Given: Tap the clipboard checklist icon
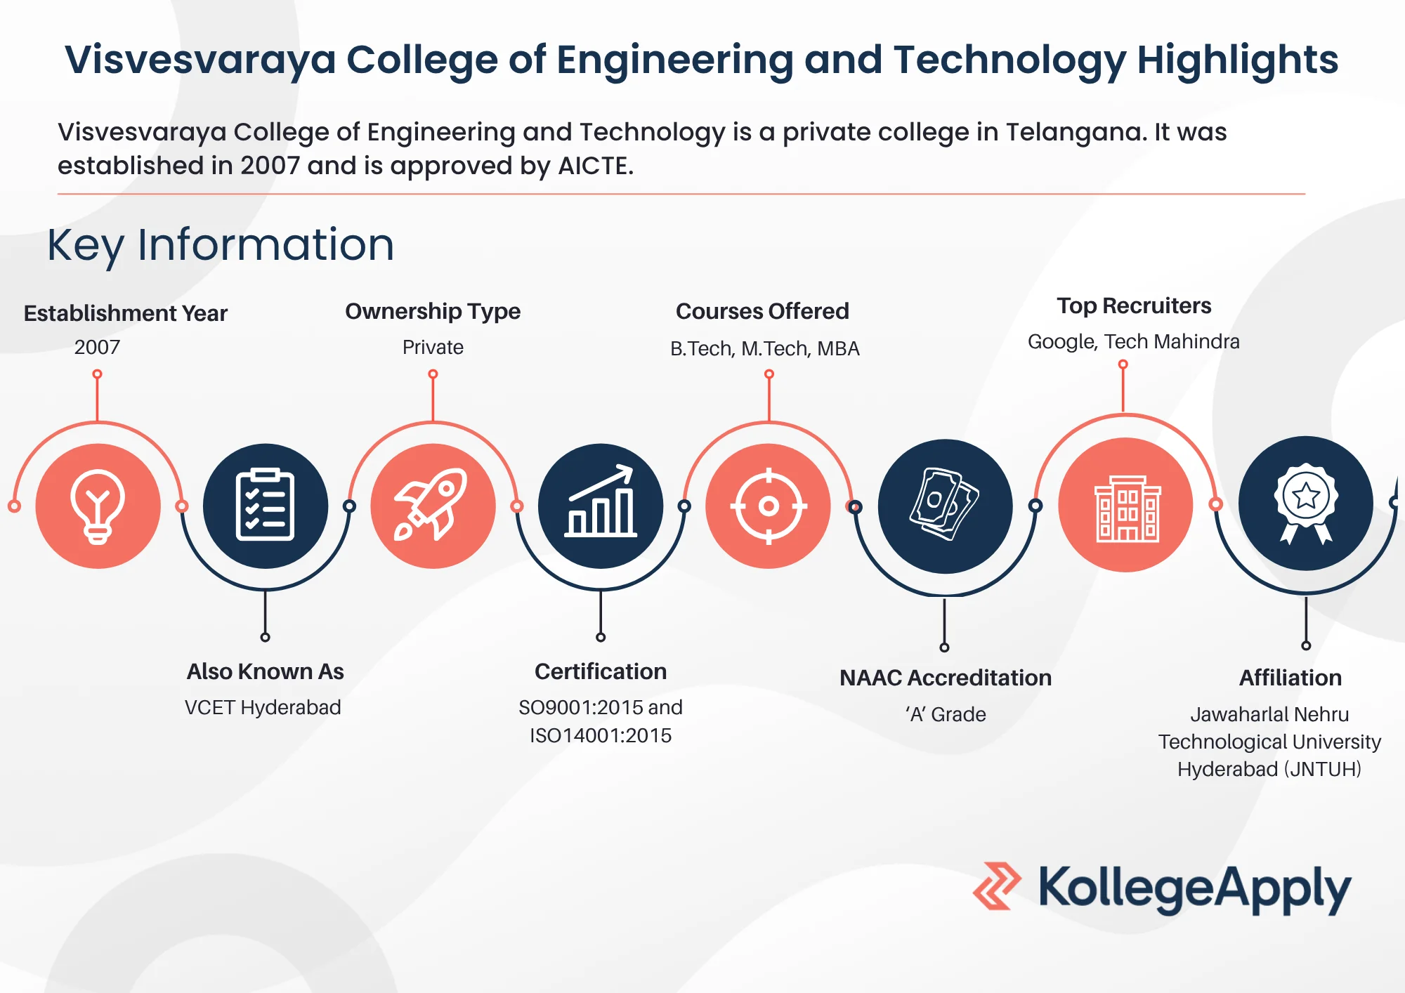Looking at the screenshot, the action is point(265,505).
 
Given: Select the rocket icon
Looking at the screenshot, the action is point(432,504).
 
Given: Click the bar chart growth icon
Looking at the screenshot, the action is point(601,501).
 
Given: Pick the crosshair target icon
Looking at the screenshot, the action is point(769,506).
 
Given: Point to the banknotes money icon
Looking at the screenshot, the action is point(944,504).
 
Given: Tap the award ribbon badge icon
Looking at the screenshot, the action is point(1306,503).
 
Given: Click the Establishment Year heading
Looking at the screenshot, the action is point(126,313).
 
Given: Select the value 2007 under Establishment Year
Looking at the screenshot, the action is point(97,347).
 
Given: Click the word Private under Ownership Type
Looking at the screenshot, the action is point(433,347).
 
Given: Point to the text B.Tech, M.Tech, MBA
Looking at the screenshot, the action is point(765,348).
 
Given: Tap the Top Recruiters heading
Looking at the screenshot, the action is point(1134,306).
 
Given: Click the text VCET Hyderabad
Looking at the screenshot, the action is point(263,707).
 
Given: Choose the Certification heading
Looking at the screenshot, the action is point(601,671).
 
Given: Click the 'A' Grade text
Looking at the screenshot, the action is point(946,714).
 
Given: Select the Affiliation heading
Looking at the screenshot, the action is point(1290,678).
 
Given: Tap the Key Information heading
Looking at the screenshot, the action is point(221,245).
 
